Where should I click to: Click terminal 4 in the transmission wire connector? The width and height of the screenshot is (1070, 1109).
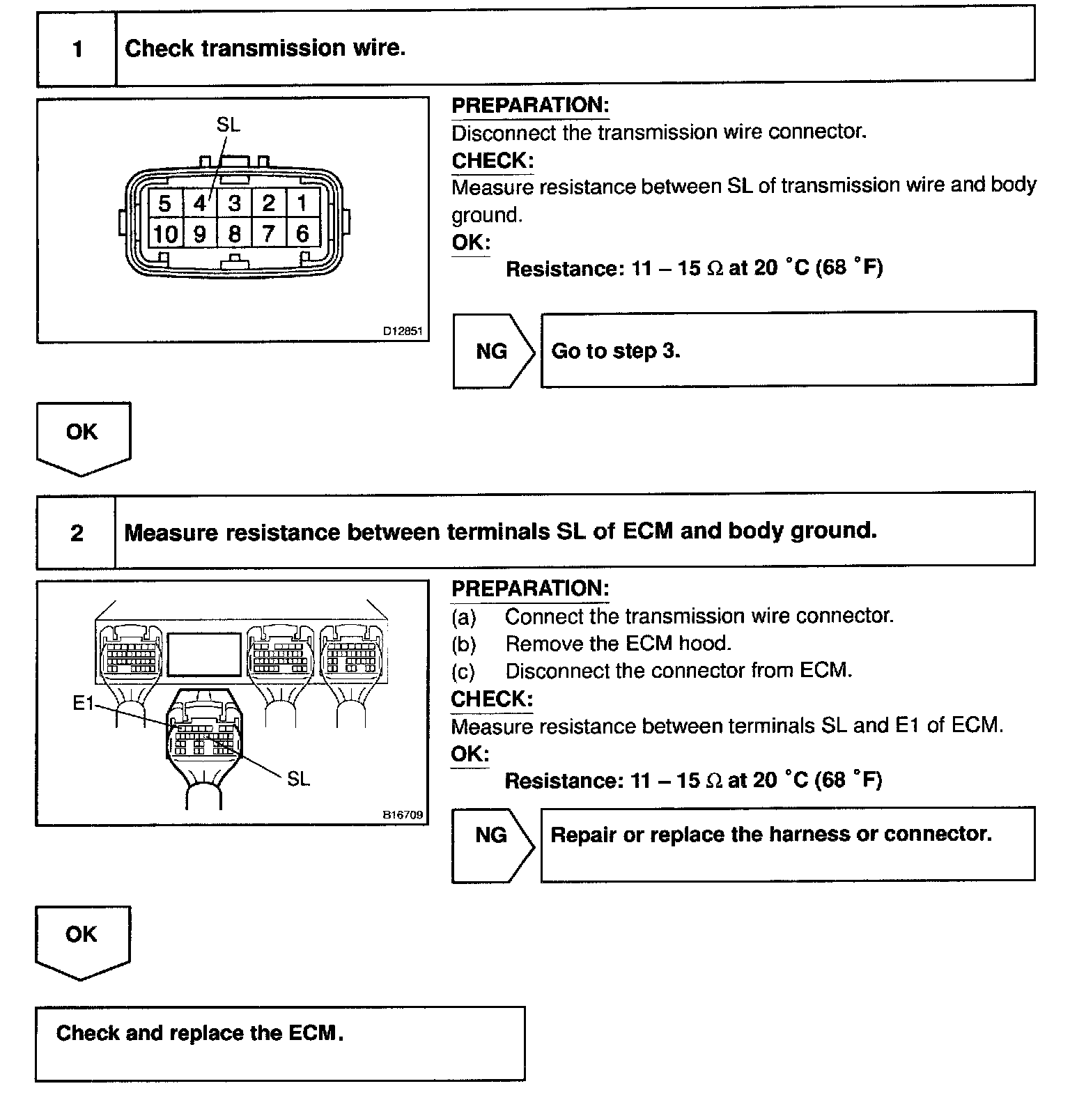coord(200,203)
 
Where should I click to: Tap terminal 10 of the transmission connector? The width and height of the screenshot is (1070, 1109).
coord(165,234)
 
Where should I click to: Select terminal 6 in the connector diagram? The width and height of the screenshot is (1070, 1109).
coord(302,234)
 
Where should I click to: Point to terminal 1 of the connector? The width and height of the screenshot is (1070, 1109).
coord(302,203)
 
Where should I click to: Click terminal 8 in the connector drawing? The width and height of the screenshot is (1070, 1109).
coord(235,234)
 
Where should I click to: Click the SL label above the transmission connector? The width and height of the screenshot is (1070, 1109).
coord(228,125)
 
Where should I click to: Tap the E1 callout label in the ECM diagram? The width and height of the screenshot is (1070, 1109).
coord(83,704)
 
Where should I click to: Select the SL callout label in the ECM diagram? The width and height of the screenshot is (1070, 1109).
coord(298,779)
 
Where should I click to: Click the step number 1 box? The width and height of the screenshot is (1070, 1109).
coord(77,49)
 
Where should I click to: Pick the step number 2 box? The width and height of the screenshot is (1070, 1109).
coord(77,533)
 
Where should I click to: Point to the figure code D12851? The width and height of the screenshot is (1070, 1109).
coord(403,332)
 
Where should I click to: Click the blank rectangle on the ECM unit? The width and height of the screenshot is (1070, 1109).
coord(204,654)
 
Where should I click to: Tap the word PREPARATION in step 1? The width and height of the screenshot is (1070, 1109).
coord(530,106)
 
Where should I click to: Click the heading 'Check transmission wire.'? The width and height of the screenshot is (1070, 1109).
coord(265,48)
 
